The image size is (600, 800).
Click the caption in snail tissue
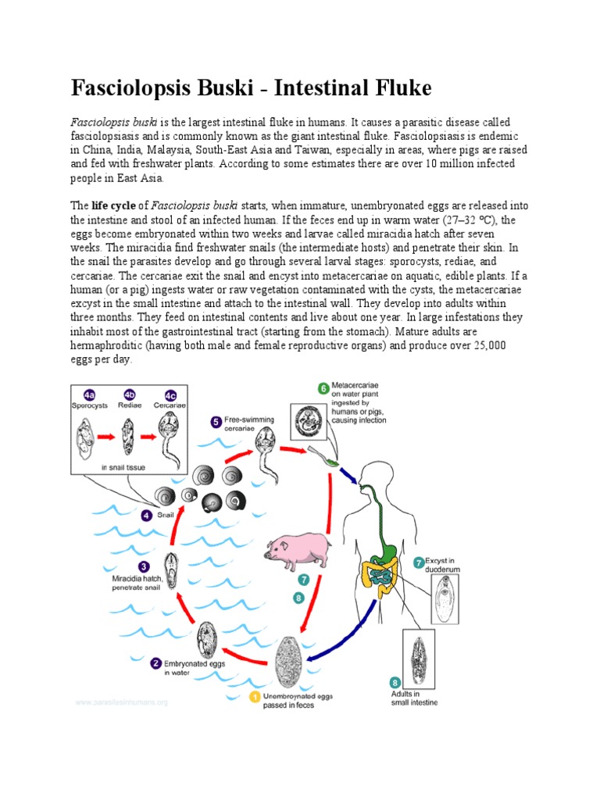point(125,468)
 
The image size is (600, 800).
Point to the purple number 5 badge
point(216,422)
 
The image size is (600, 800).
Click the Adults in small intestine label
point(414,698)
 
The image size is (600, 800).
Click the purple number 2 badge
point(156,664)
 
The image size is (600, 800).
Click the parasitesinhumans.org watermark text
point(121,702)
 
